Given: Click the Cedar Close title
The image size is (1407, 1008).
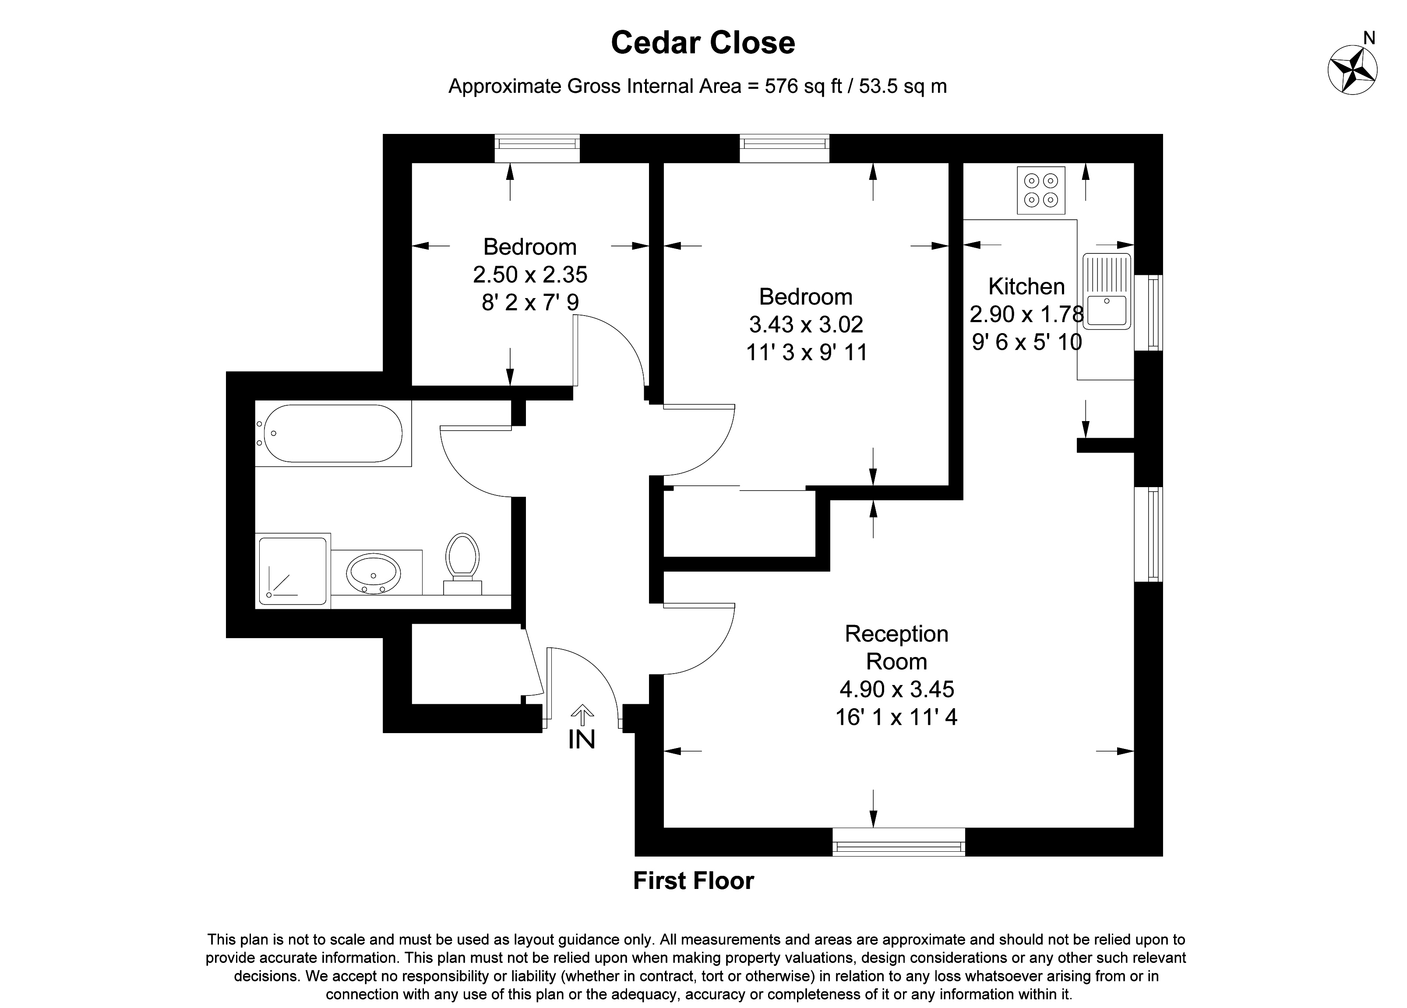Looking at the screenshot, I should pos(702,43).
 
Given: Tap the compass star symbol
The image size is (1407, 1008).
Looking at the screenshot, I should pos(1352,70).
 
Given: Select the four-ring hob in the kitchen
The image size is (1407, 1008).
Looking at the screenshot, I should pos(1040,190).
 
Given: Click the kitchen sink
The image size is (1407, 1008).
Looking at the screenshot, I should pos(1107,291).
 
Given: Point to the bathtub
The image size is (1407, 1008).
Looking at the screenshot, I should pos(333,433).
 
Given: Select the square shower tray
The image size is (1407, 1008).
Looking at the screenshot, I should pos(292,570).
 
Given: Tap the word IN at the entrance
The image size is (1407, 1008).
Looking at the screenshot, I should pos(581,740).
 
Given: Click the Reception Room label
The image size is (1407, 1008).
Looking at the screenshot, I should pos(896,647).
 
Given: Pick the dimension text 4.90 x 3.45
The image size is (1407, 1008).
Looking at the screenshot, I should pos(896,689).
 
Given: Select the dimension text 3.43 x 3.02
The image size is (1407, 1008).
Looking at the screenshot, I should pos(806,324).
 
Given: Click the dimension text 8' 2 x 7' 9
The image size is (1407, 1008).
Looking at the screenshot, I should pos(530,302).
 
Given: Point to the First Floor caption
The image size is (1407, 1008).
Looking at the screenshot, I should pos(693,881).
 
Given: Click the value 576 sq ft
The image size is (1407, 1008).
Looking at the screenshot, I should pos(804,86).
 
